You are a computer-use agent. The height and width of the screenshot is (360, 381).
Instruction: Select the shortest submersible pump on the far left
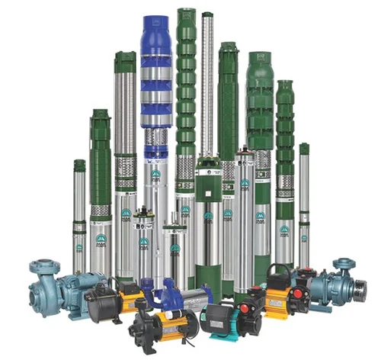(x=79, y=214)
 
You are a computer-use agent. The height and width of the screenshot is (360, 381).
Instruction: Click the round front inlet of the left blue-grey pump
(x=37, y=294)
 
